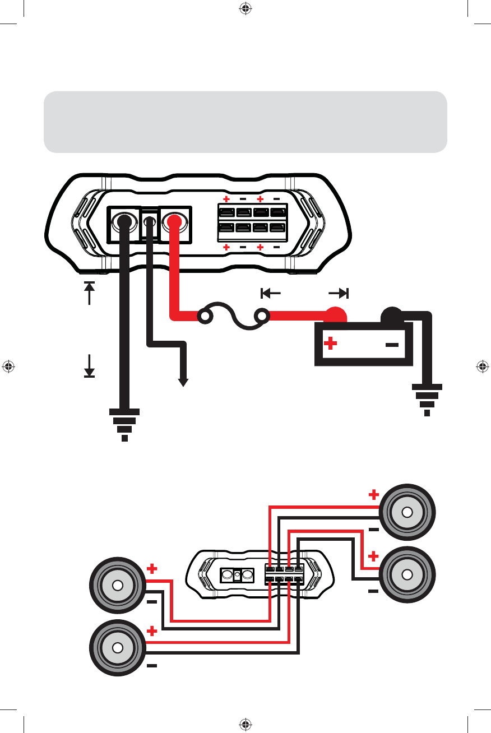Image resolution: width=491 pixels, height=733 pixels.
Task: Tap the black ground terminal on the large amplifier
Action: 124,221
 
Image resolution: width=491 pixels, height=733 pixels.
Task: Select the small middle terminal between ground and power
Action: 150,222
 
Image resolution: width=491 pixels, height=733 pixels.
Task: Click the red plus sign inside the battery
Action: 331,343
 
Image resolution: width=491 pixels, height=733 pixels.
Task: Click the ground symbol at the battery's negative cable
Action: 427,399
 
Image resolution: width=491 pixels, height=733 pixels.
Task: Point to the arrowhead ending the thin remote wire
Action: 183,382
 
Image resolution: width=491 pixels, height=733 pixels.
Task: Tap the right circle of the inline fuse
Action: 261,317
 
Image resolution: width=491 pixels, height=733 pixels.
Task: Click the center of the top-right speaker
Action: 407,513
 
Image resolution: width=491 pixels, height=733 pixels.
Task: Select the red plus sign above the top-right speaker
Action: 373,494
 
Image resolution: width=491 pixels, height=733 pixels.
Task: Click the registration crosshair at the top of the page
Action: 245,8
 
